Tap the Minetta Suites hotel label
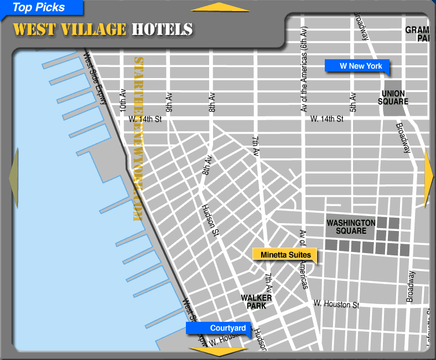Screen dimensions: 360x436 (x=284, y=255)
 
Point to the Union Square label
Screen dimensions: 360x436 (x=395, y=97)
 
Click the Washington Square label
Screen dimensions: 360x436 (x=351, y=227)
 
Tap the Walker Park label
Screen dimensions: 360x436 (x=256, y=301)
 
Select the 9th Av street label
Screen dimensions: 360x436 (x=169, y=101)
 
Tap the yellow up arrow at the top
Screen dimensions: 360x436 (x=220, y=7)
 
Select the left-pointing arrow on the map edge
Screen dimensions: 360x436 (x=13, y=178)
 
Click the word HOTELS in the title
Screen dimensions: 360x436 (x=162, y=29)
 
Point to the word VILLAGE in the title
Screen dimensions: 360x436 (x=94, y=29)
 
